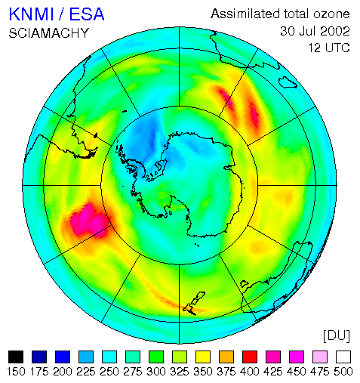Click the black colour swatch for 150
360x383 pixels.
16,357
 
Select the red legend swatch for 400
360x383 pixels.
250,357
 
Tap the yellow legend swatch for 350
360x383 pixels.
203,357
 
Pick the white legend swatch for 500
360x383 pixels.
343,357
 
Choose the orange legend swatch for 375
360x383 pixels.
226,357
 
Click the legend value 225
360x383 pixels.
86,372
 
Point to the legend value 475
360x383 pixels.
320,372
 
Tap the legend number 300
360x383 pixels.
156,372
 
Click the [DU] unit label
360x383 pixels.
337,335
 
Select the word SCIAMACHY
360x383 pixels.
49,33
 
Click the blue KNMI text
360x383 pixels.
32,14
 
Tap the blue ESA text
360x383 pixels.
87,14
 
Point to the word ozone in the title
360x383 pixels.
331,14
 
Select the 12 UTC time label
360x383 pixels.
329,48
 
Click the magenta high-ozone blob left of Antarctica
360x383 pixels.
88,221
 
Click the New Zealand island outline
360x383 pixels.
194,303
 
